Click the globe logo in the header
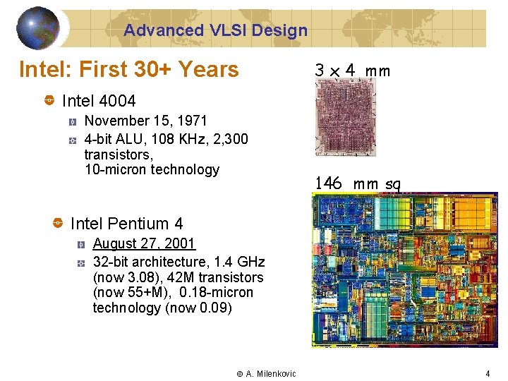pyautogui.click(x=38, y=28)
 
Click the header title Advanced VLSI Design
pyautogui.click(x=215, y=30)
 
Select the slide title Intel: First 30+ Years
pyautogui.click(x=128, y=69)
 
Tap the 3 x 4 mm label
pyautogui.click(x=352, y=71)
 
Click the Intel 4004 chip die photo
pyautogui.click(x=344, y=116)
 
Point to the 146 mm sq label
pyautogui.click(x=358, y=183)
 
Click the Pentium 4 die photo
pyautogui.click(x=399, y=270)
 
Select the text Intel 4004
pyautogui.click(x=99, y=102)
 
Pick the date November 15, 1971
pyautogui.click(x=146, y=121)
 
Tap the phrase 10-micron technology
pyautogui.click(x=152, y=169)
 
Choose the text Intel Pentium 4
pyautogui.click(x=126, y=224)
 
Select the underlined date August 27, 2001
pyautogui.click(x=144, y=243)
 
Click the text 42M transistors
pyautogui.click(x=215, y=277)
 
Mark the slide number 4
pyautogui.click(x=487, y=373)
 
